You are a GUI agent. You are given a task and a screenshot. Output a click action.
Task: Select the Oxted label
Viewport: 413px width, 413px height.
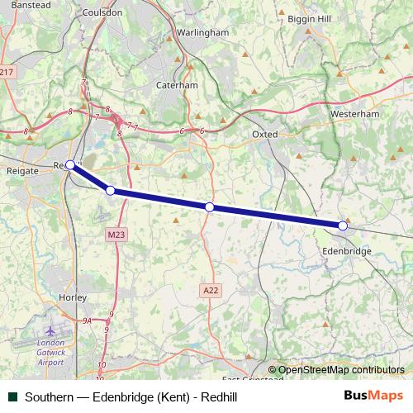tap(264, 134)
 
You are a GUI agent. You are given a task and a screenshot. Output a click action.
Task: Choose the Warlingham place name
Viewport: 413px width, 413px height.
tap(202, 32)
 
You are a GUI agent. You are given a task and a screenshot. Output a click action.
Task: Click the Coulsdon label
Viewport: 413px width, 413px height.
tap(103, 13)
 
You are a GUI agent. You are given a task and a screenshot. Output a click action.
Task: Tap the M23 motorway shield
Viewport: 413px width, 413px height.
tap(116, 235)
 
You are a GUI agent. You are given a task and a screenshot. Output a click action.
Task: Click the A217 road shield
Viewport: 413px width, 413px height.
tap(7, 73)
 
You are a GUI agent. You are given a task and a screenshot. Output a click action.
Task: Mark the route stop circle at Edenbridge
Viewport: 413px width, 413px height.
tap(343, 225)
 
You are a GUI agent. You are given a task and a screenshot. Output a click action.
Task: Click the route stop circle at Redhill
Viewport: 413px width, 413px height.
tap(71, 164)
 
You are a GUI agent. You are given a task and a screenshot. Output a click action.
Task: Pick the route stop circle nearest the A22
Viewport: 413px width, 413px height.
tap(210, 207)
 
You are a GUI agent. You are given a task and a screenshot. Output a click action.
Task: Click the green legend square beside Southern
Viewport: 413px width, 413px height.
tap(12, 396)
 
